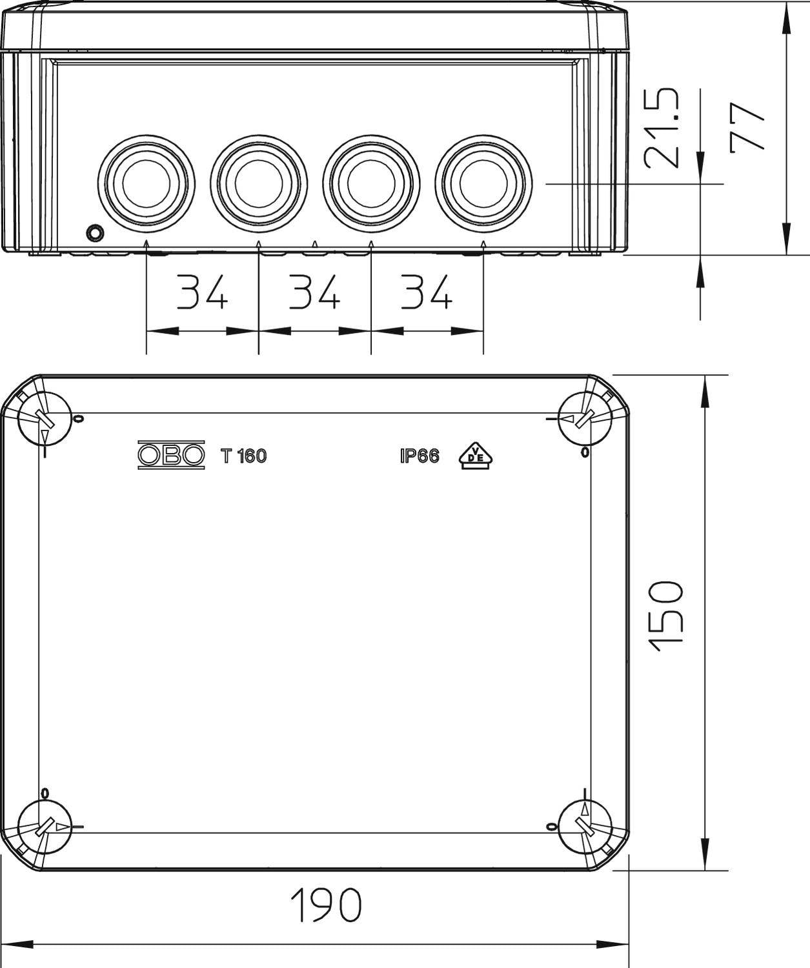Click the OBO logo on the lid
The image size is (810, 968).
171,456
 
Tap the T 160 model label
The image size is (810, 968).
243,456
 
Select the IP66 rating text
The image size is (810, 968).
420,456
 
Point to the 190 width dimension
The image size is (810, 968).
326,905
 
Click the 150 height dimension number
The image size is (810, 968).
665,616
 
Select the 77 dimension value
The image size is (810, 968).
748,127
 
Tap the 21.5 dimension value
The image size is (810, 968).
663,128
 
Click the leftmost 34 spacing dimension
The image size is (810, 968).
203,292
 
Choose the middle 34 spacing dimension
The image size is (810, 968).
314,292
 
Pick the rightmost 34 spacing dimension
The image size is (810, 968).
427,292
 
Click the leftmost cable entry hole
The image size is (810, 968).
147,183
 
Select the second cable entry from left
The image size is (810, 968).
259,183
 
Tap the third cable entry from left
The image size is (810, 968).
371,183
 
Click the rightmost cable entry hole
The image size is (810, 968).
483,183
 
